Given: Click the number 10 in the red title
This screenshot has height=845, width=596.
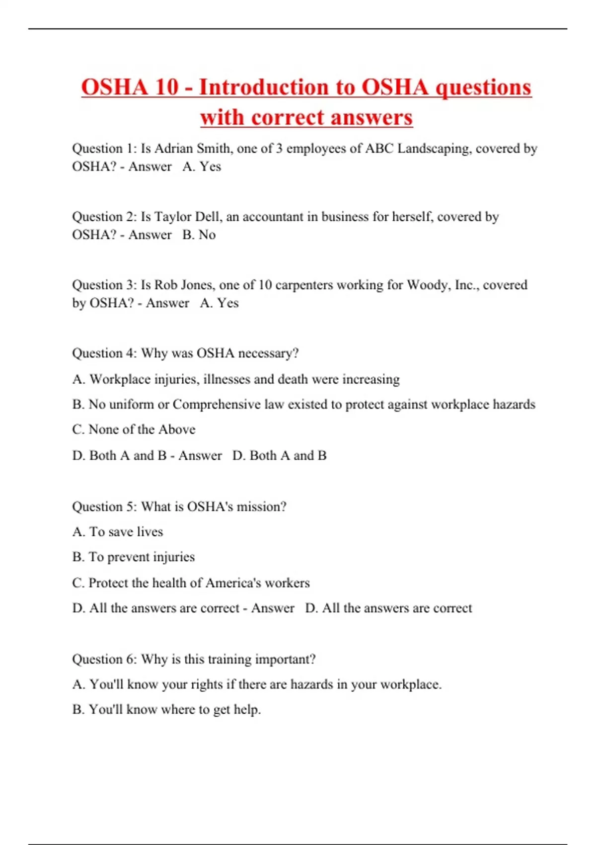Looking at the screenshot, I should click(x=167, y=87).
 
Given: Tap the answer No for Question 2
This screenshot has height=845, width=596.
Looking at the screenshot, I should click(x=207, y=235).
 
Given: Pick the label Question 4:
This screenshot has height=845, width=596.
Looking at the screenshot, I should click(x=104, y=353).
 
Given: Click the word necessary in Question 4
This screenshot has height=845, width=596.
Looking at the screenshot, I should click(x=268, y=353).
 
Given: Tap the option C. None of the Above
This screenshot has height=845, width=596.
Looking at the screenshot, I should click(x=134, y=429).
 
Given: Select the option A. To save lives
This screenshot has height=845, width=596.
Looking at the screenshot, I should click(x=118, y=532).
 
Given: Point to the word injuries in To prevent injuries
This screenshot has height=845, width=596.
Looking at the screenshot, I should click(x=174, y=557).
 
